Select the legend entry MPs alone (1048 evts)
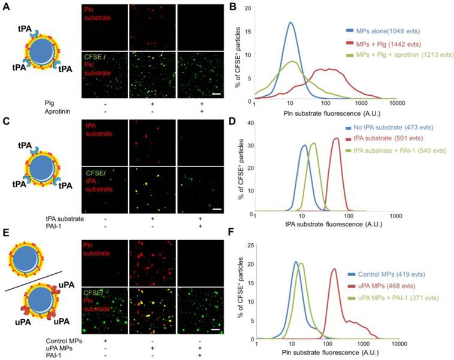tap(384, 30)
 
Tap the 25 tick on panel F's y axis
tap(249, 244)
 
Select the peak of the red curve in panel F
tap(334, 269)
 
